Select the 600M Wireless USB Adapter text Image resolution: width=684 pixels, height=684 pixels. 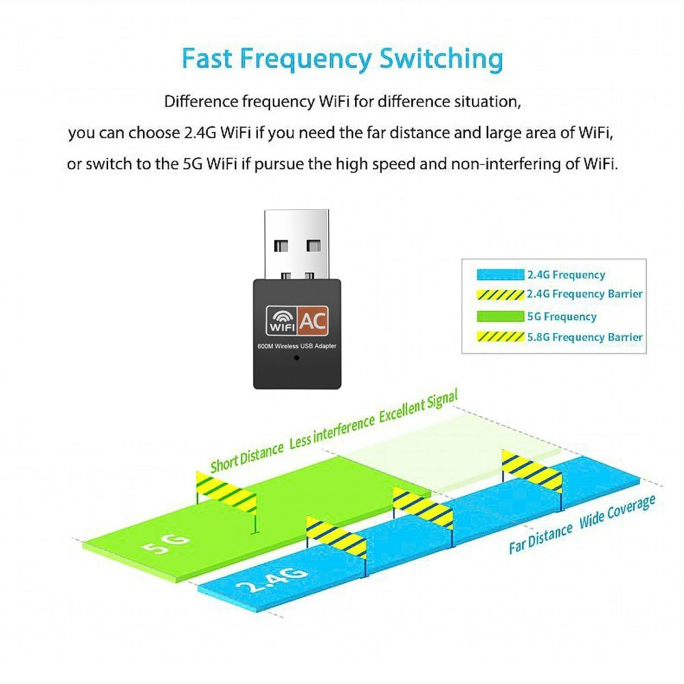296,346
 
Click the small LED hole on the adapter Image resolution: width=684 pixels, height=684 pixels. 296,358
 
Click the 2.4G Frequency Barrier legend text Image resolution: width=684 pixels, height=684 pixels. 585,294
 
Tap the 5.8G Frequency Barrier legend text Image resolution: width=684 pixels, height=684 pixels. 585,337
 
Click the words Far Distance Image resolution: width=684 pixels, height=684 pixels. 540,538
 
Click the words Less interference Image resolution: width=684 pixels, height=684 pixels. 332,432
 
